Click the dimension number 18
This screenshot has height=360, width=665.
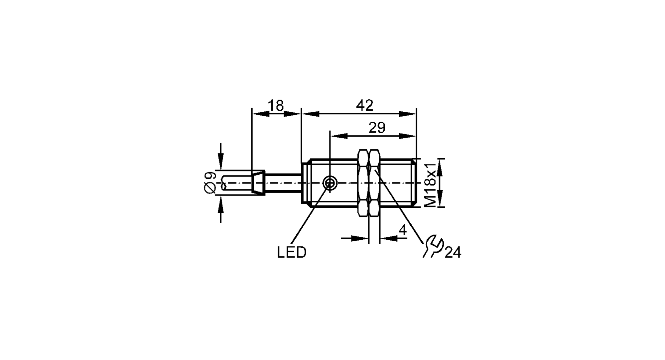tap(276, 106)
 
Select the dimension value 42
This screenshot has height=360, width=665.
tap(364, 106)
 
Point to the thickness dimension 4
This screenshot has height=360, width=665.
tap(402, 230)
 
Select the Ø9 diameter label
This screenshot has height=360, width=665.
tap(210, 182)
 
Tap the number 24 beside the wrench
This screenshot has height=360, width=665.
tap(453, 253)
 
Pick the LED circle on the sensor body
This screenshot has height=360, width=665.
tap(330, 182)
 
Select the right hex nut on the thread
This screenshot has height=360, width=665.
tap(375, 183)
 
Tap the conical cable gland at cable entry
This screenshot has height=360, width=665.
tap(258, 182)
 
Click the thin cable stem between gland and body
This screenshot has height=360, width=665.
tap(283, 182)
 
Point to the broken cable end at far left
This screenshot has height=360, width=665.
tap(223, 183)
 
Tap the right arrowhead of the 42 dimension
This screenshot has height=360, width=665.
tap(408, 114)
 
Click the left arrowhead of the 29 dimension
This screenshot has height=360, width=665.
tap(338, 136)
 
